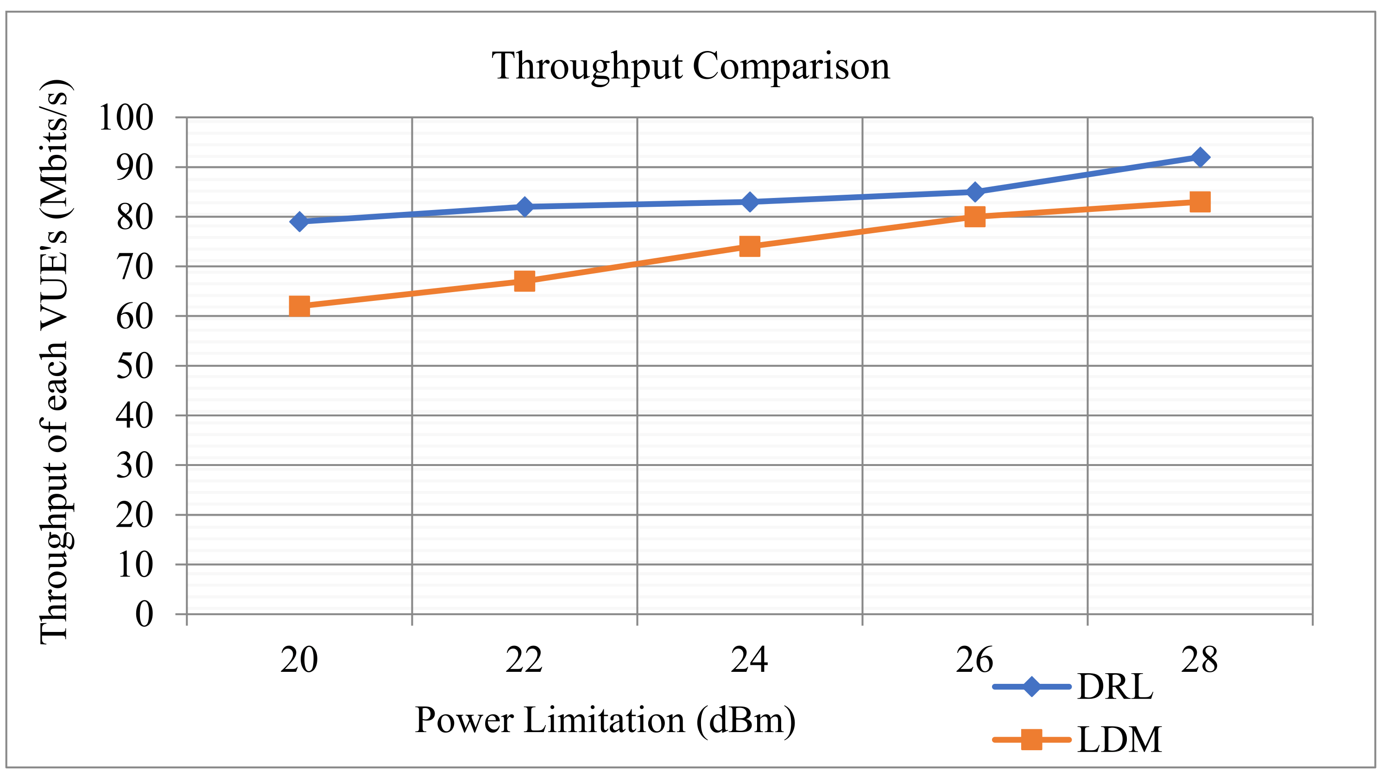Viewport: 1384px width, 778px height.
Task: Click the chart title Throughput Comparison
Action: pos(690,67)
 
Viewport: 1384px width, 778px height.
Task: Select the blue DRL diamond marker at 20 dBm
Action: pos(299,221)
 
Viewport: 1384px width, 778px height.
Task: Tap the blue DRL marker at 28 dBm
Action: pos(1200,158)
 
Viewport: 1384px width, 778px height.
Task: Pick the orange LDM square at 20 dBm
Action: pos(299,306)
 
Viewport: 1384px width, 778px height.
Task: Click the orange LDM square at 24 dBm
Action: pos(750,246)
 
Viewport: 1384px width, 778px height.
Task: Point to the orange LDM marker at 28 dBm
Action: pos(1200,202)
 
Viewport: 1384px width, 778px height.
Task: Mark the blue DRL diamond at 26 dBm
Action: pos(974,191)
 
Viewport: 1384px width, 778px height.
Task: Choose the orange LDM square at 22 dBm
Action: pos(525,281)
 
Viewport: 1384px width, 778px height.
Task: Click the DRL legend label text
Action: pos(1115,687)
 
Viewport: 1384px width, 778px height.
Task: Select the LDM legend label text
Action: pos(1119,740)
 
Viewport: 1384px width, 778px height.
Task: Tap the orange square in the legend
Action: pos(1031,740)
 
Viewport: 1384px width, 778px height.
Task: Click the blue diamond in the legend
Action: pos(1031,687)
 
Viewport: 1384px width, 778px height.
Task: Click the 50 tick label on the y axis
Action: pos(135,366)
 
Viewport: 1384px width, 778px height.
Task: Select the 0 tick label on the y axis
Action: pos(144,614)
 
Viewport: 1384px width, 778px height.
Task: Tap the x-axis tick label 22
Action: pos(525,660)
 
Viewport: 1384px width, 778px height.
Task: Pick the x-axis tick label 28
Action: pos(1200,660)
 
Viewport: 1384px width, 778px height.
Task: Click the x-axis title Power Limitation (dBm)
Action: pos(605,720)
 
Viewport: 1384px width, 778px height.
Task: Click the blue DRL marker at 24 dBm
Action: pos(750,202)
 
